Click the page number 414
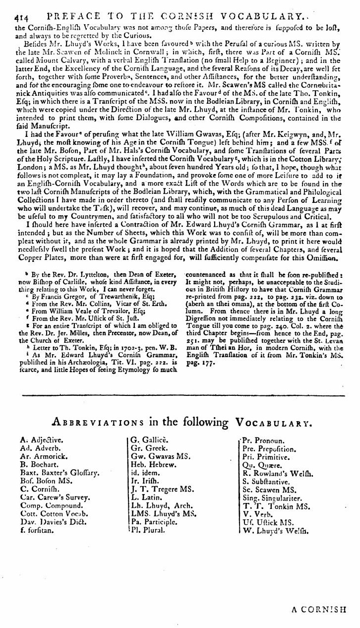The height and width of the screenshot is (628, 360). click(x=9, y=6)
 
